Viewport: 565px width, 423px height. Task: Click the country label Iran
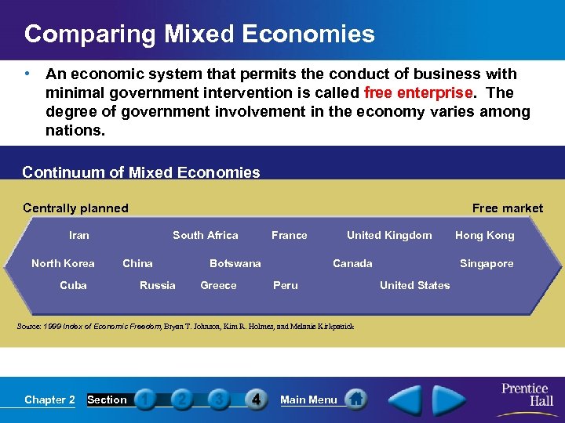(79, 235)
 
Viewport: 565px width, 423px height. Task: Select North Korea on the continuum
(63, 263)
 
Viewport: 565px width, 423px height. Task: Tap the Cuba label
(74, 285)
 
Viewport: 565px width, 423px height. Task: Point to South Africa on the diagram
(206, 235)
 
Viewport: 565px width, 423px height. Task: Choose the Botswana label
(235, 263)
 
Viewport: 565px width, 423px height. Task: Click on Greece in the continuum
(218, 285)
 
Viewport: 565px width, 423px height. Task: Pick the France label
(290, 235)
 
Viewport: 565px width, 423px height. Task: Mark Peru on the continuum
(285, 285)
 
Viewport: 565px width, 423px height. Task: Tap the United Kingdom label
(389, 235)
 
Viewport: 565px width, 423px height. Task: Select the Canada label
(352, 263)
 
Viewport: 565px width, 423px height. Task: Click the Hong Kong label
(485, 235)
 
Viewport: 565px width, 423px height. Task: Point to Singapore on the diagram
(487, 263)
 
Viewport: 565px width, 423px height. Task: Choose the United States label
(415, 285)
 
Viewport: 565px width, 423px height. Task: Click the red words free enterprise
(418, 92)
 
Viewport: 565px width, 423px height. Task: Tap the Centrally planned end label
(75, 208)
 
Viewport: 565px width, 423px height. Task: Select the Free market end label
(507, 208)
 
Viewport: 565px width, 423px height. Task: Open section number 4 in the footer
(256, 399)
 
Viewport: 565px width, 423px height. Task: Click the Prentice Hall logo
(525, 395)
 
